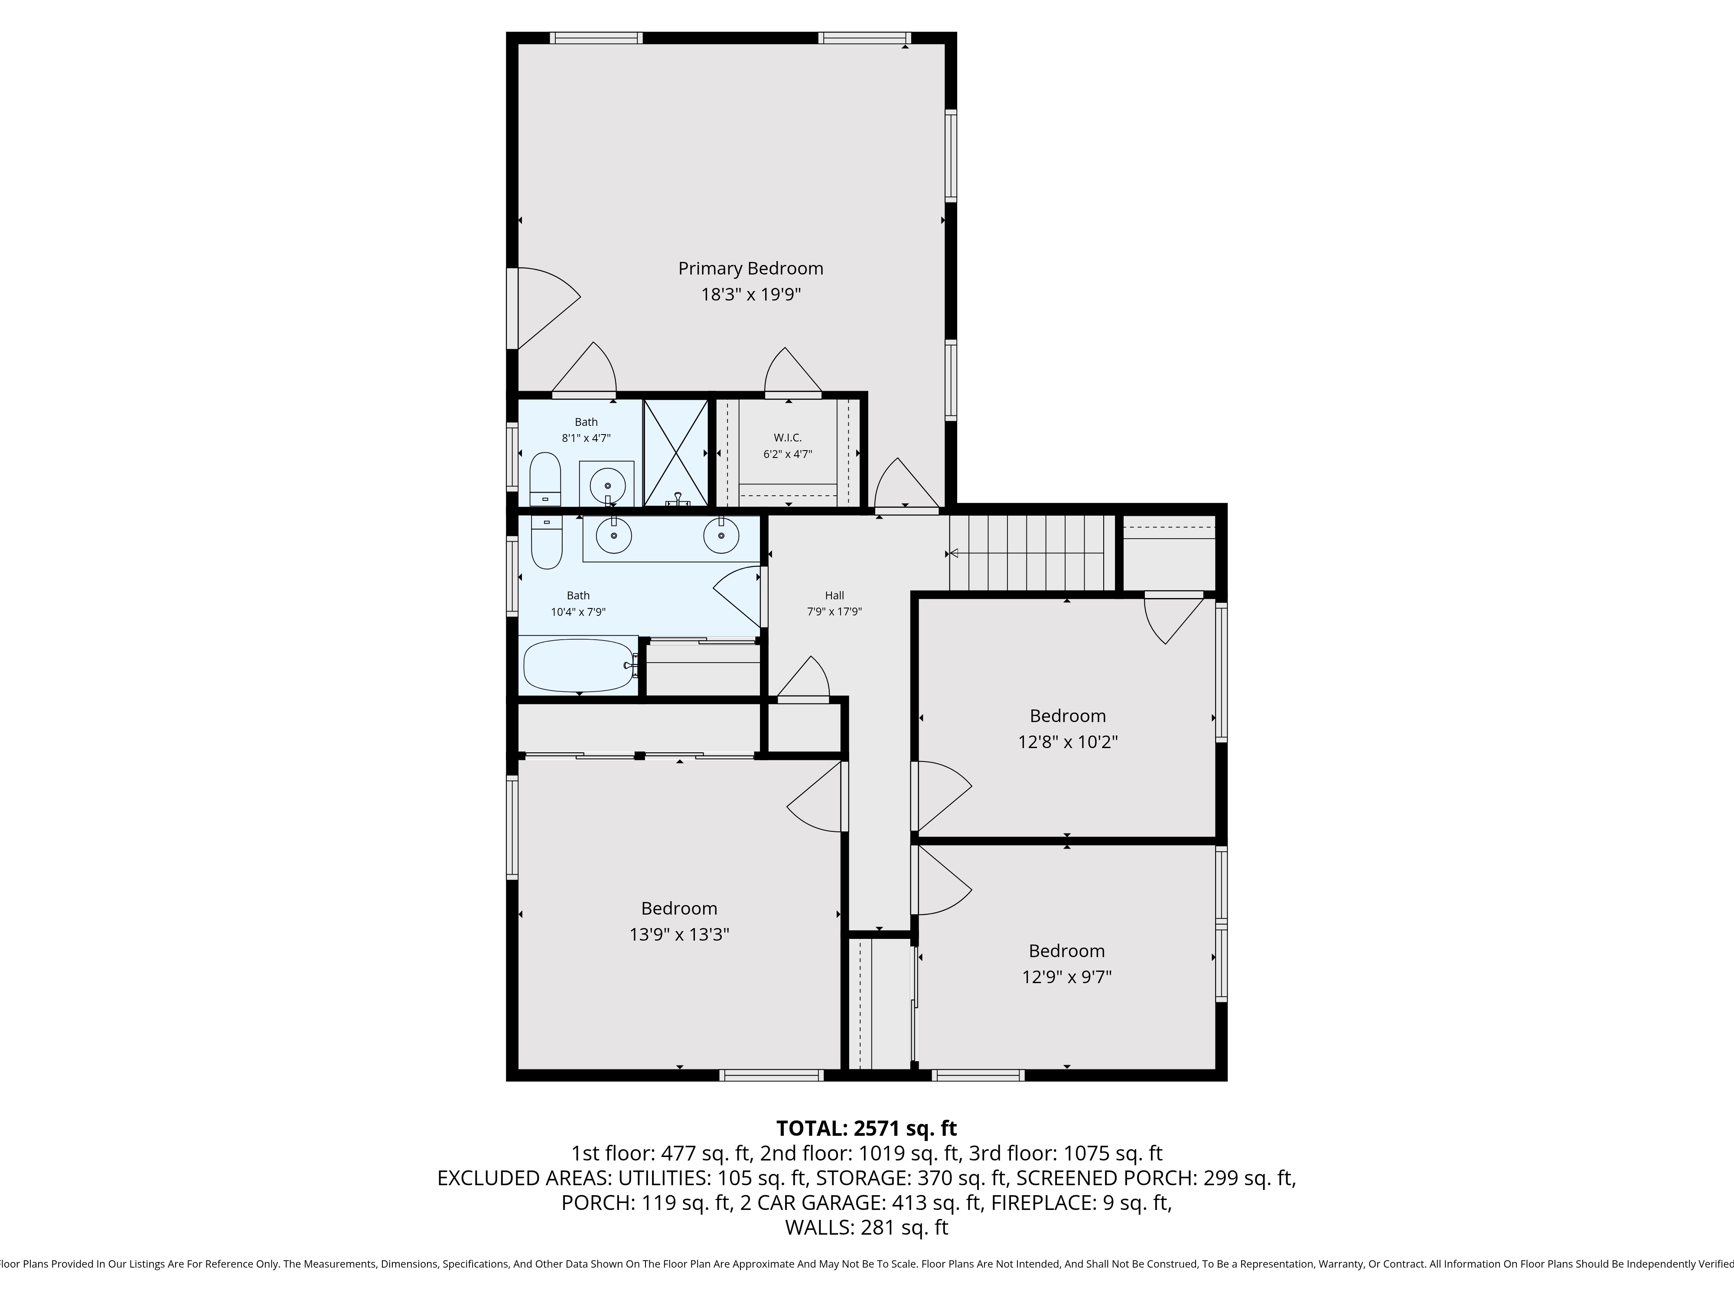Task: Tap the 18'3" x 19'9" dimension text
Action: coord(750,295)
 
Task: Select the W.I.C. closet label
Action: coord(788,438)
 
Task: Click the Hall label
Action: coord(834,595)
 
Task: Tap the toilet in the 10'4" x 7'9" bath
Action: coord(546,542)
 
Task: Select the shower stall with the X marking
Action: coord(675,452)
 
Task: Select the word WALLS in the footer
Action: coord(818,1227)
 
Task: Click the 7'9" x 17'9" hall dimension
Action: coord(834,611)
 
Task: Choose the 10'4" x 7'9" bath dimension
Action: coord(579,611)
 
